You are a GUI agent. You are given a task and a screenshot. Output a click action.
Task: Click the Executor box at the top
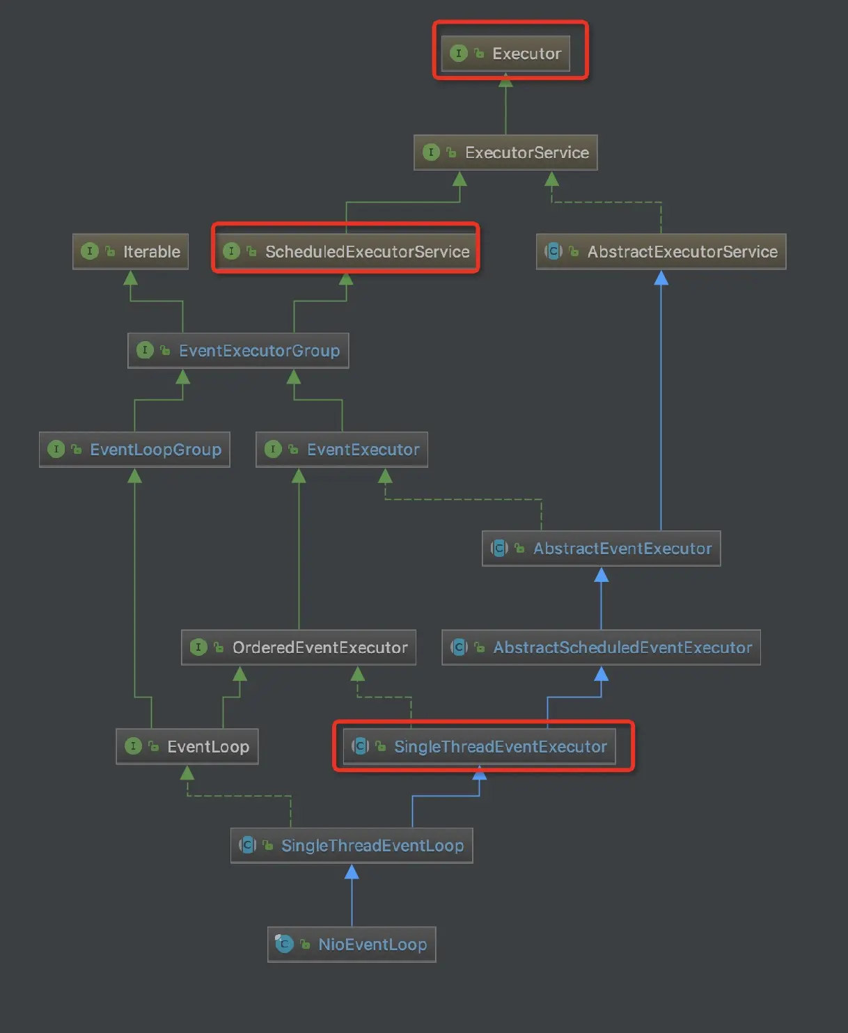(x=506, y=54)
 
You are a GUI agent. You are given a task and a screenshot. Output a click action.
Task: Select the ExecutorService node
(x=505, y=152)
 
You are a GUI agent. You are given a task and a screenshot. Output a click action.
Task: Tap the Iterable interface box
(x=131, y=251)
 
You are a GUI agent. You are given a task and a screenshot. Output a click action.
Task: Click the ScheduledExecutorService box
(x=346, y=251)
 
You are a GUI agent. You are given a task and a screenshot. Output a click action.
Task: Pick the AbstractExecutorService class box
(x=661, y=251)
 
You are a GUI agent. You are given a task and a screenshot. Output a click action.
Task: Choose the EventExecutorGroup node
(x=238, y=350)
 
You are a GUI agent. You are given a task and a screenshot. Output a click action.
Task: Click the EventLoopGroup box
(x=134, y=449)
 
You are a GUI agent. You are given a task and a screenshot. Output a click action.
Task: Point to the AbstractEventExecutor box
(x=601, y=549)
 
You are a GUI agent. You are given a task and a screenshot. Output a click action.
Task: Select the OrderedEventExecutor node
(x=299, y=647)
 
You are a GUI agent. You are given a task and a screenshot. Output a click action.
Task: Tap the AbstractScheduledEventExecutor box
(x=601, y=647)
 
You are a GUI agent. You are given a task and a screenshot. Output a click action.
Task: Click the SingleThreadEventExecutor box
(x=480, y=746)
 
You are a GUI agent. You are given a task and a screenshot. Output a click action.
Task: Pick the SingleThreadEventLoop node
(x=352, y=845)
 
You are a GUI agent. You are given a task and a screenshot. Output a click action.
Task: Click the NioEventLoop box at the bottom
(x=352, y=944)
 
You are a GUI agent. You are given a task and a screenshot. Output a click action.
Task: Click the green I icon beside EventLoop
(x=133, y=746)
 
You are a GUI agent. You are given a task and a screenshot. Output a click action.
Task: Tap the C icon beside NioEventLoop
(x=284, y=944)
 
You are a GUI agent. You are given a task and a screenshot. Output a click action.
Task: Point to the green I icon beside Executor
(x=458, y=53)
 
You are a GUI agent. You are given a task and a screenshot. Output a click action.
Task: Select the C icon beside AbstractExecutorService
(x=553, y=251)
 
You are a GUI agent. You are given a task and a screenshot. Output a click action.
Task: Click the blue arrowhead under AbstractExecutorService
(x=661, y=278)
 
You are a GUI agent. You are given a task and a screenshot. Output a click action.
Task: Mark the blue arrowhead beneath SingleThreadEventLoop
(x=352, y=872)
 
